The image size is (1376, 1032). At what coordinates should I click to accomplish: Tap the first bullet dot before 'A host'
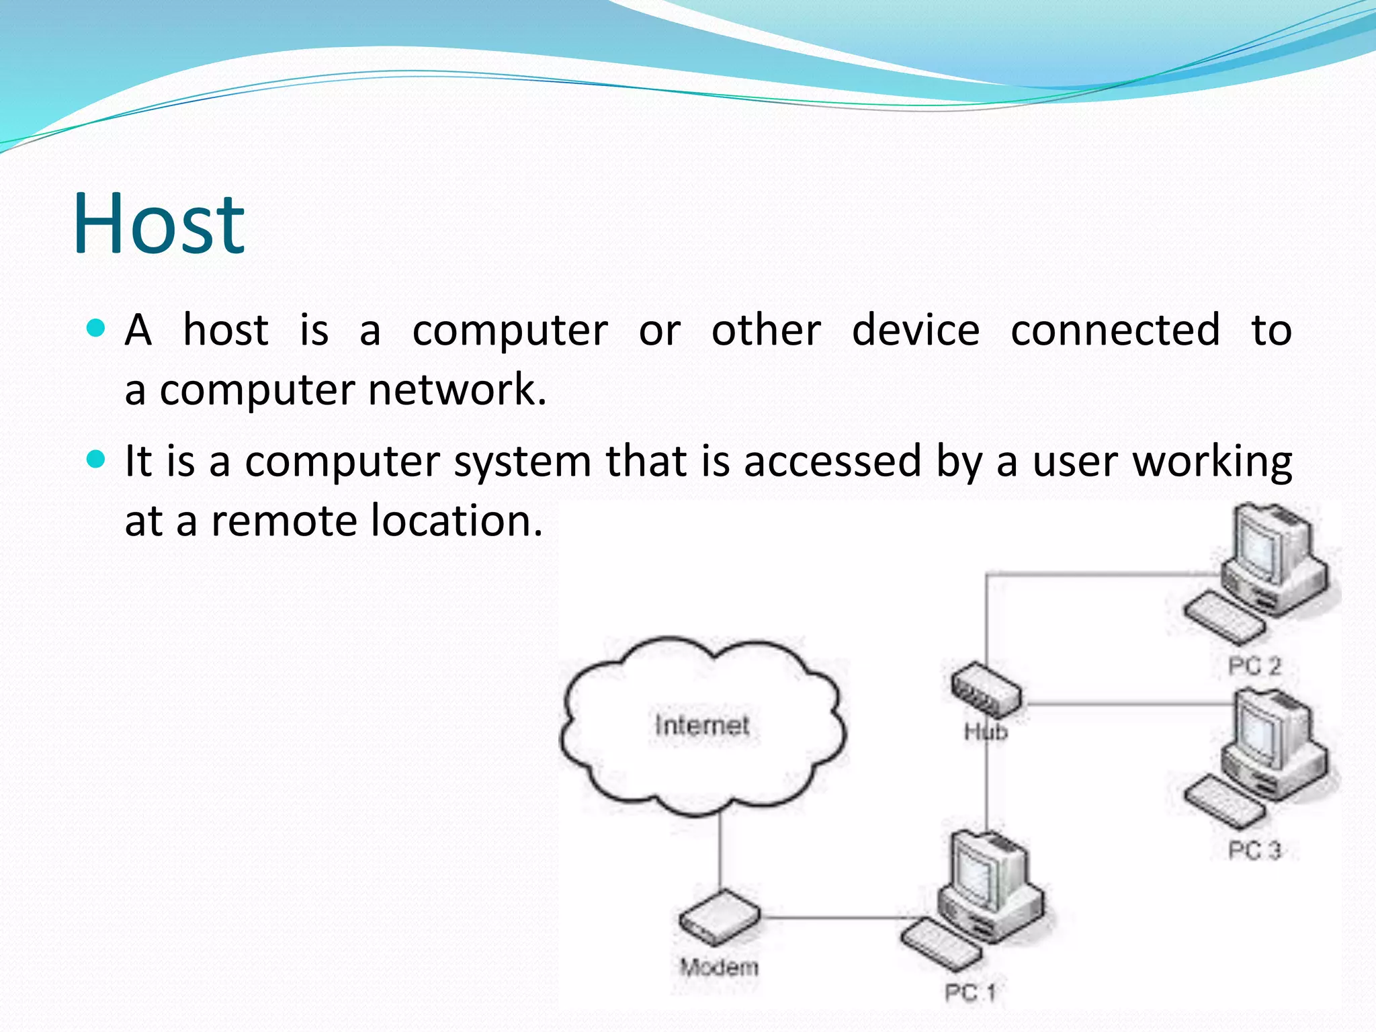(x=97, y=329)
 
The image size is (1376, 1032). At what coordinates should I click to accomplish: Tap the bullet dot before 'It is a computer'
(x=97, y=460)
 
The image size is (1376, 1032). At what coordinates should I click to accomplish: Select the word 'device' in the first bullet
(x=916, y=330)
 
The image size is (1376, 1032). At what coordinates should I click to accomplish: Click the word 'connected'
(x=1115, y=330)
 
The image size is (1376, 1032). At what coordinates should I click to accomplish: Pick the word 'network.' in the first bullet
(x=458, y=390)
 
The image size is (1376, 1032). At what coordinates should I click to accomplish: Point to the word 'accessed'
(x=832, y=461)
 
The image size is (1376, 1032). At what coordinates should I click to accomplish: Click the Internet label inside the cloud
(x=702, y=726)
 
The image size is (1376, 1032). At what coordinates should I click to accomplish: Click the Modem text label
(x=719, y=967)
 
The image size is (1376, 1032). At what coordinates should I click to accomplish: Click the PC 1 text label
(x=970, y=992)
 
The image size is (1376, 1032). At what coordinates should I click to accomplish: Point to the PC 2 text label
(x=1254, y=666)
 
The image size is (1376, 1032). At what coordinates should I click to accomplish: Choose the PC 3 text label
(x=1254, y=850)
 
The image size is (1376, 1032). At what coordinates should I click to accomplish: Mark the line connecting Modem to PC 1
(x=833, y=917)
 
